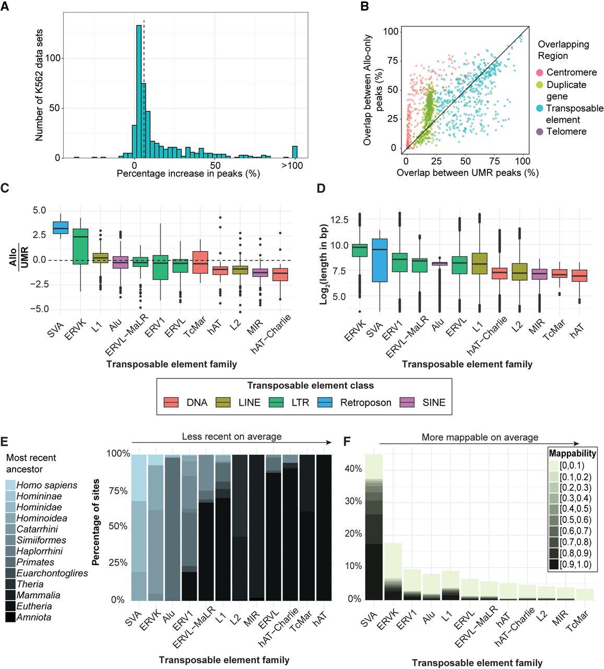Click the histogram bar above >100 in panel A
coord(295,152)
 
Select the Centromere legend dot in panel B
coord(540,73)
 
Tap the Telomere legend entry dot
coord(540,132)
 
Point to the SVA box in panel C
coord(61,228)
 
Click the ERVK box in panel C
coord(80,246)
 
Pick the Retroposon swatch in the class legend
coord(325,402)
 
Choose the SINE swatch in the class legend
coord(407,402)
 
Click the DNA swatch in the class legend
coord(171,402)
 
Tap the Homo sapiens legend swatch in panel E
coord(10,485)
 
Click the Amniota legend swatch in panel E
coord(10,617)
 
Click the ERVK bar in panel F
coord(393,572)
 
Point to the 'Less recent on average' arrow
coord(231,443)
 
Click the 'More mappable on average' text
coord(480,437)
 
